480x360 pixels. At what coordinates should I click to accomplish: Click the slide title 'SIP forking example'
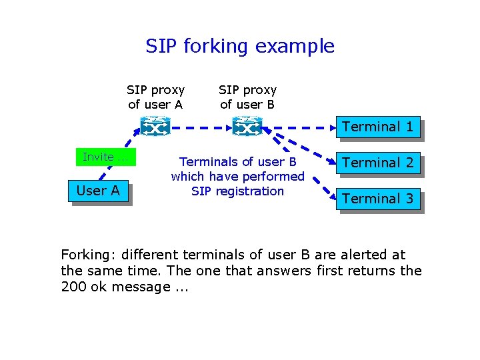(240, 46)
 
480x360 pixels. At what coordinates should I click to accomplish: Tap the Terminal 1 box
(377, 127)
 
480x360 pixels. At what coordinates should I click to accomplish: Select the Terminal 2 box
(377, 163)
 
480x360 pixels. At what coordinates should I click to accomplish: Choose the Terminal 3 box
(377, 199)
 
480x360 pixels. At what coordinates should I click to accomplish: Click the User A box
(98, 191)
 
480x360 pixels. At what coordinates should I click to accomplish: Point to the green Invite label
(105, 157)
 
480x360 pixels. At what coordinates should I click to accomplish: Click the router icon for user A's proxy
(155, 126)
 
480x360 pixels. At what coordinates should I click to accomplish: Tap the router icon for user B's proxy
(247, 126)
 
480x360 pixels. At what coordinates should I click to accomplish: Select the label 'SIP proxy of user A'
(155, 97)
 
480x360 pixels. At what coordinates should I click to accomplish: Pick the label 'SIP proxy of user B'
(247, 97)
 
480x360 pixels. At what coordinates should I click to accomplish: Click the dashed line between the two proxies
(201, 127)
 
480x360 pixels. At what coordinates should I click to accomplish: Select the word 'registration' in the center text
(255, 191)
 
